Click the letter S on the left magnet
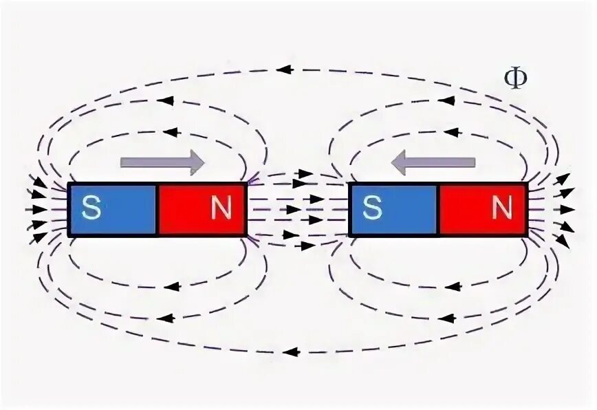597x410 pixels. click(91, 208)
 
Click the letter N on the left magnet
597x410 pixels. click(221, 208)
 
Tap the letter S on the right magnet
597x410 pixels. click(372, 208)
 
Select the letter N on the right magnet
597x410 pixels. click(502, 208)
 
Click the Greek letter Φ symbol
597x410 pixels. click(516, 78)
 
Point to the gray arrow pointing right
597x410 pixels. click(162, 162)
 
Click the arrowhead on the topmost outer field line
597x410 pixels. click(283, 69)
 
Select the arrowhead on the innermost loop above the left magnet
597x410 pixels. click(171, 131)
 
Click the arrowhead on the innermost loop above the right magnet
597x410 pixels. click(452, 131)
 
